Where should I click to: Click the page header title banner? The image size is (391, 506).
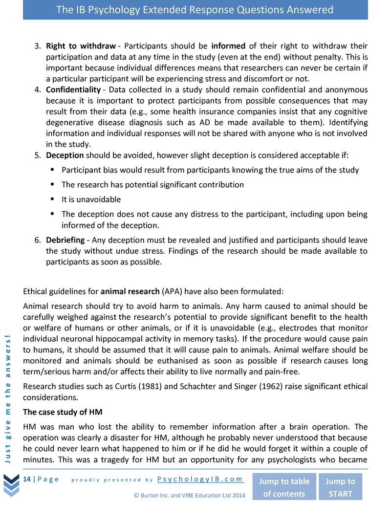pyautogui.click(x=195, y=10)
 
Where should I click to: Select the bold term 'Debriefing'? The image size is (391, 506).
pyautogui.click(x=65, y=240)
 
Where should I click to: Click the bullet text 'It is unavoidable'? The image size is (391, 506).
pyautogui.click(x=91, y=199)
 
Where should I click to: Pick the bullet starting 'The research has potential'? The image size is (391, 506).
pyautogui.click(x=152, y=185)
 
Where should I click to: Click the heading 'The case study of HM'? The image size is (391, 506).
pyautogui.click(x=63, y=410)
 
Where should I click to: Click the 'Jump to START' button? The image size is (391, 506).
pyautogui.click(x=340, y=487)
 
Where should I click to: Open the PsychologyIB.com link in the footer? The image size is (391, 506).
pyautogui.click(x=201, y=479)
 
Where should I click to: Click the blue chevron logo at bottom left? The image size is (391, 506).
pyautogui.click(x=11, y=486)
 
